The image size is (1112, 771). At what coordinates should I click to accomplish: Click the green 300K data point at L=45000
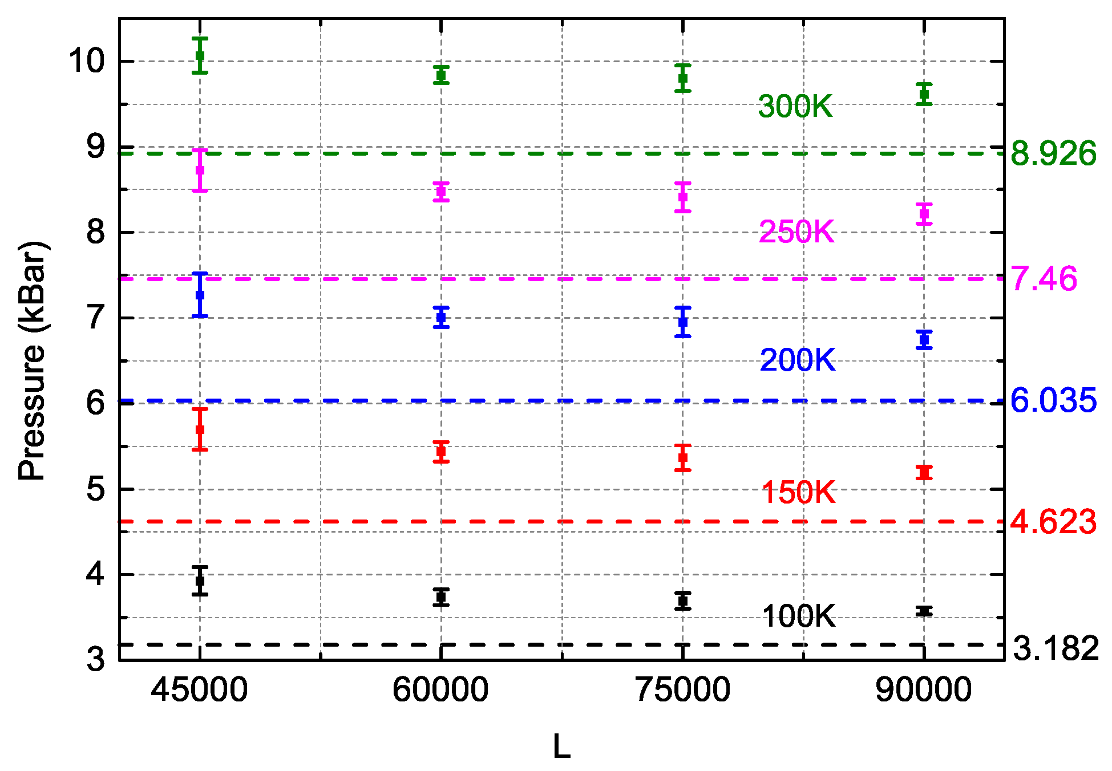[200, 55]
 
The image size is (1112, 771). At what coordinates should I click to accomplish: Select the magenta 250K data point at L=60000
[441, 192]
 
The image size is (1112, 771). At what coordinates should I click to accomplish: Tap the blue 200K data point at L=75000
[683, 322]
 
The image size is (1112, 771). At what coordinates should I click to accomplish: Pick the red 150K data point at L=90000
[924, 472]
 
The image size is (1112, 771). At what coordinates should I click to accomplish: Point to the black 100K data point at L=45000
[200, 581]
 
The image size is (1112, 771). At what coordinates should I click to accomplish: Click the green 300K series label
[795, 107]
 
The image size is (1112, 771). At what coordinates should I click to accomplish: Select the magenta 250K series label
[796, 232]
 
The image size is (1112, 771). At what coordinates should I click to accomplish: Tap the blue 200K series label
[798, 360]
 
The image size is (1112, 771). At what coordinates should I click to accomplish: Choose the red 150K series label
[799, 492]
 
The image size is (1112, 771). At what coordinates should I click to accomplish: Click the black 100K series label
[799, 616]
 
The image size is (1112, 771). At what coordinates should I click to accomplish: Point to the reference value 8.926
[1053, 153]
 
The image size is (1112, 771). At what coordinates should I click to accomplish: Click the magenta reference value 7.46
[1044, 279]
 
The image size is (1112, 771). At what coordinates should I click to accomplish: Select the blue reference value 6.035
[1053, 400]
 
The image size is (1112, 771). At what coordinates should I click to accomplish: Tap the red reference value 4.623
[1053, 522]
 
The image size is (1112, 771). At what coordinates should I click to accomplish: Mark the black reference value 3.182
[1056, 648]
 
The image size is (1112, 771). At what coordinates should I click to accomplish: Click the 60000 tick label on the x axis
[440, 689]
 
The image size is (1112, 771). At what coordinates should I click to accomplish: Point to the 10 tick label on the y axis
[87, 60]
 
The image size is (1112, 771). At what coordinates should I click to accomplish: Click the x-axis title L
[562, 746]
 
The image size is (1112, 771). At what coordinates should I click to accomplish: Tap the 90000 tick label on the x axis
[924, 689]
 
